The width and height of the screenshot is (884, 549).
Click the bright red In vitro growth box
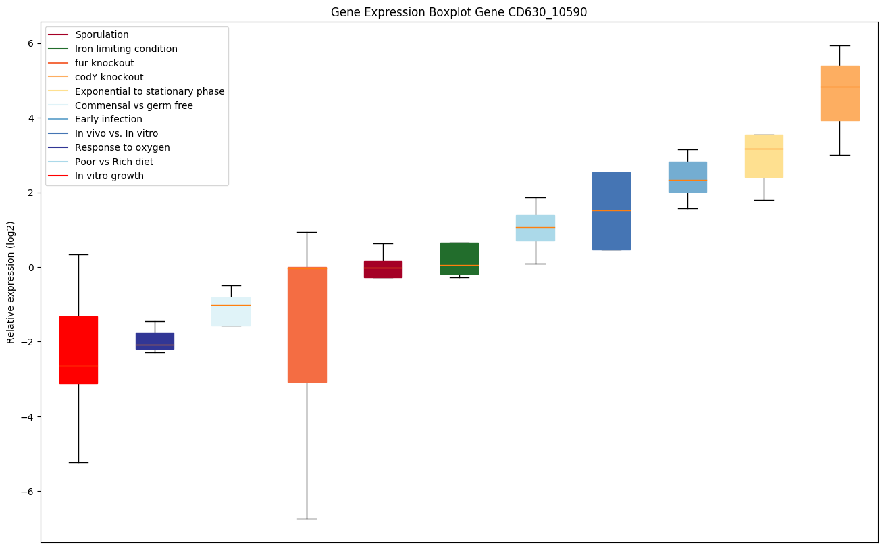[x=78, y=350]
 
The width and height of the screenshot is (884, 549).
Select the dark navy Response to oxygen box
[x=155, y=341]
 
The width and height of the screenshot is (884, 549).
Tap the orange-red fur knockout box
[x=307, y=325]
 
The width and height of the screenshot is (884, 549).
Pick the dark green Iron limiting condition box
[x=459, y=258]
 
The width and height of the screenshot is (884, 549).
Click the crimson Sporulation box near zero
[x=383, y=269]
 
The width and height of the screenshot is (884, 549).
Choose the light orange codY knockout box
[x=839, y=93]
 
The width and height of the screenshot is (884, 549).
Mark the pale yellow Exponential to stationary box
[x=764, y=156]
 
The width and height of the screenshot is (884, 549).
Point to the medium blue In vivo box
[x=611, y=211]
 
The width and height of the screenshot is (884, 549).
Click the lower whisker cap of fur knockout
[x=307, y=519]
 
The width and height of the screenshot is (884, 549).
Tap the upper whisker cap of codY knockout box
[x=839, y=45]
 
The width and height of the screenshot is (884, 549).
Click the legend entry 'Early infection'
[x=109, y=120]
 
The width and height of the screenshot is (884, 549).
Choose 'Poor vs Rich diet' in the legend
[x=114, y=162]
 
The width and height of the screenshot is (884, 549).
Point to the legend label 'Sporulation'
[x=102, y=34]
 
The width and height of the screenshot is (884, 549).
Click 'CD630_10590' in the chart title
[x=538, y=12]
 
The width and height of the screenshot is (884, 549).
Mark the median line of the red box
[x=78, y=366]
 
